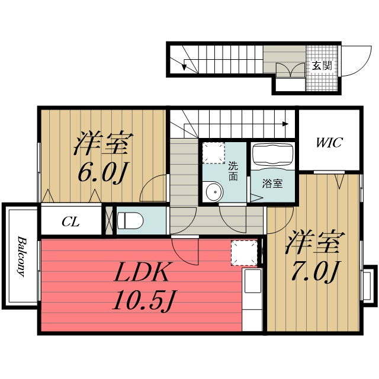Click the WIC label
[329, 142]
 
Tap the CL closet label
[71, 222]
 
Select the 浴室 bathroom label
[273, 184]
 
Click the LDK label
[142, 274]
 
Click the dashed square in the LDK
[243, 252]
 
